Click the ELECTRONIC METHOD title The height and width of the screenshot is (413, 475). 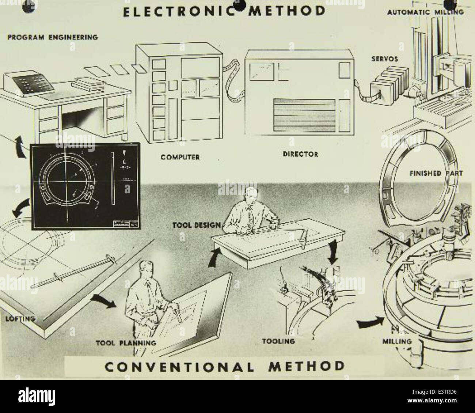click(x=224, y=11)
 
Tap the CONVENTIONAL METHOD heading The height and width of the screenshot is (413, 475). click(x=224, y=366)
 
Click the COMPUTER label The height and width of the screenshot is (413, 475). click(x=180, y=157)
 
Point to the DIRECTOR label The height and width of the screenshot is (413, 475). click(x=300, y=154)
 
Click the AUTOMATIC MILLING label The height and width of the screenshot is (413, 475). click(x=425, y=12)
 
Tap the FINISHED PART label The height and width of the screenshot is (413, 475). click(x=436, y=173)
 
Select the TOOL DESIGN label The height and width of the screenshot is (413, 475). click(x=196, y=226)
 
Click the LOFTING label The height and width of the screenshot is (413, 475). click(x=20, y=318)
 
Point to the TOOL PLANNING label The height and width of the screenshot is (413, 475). click(x=126, y=343)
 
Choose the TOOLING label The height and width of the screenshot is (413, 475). click(x=278, y=341)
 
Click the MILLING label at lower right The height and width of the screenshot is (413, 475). click(x=396, y=341)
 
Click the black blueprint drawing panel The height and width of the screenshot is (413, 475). click(x=85, y=186)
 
